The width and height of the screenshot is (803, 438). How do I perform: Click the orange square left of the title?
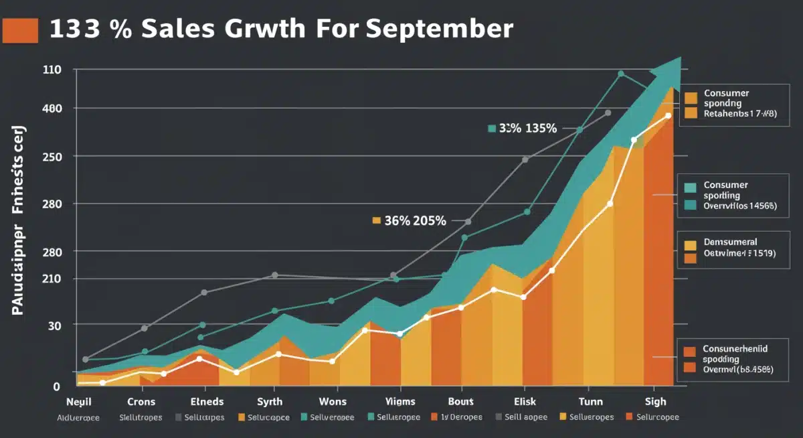20,30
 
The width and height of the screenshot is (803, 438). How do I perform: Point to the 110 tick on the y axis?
52,70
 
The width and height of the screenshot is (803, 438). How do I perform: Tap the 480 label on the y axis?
52,108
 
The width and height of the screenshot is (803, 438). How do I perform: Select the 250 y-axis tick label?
52,157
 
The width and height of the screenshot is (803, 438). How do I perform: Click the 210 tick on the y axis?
52,279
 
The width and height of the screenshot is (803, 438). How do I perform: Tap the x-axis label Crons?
141,402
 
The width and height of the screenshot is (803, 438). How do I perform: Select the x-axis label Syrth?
270,402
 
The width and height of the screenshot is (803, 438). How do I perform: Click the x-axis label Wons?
333,402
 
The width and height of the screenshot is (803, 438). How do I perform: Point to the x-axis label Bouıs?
460,402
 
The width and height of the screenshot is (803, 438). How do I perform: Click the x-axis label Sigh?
656,402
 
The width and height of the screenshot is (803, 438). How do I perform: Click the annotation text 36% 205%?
415,220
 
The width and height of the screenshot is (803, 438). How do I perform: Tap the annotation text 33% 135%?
527,129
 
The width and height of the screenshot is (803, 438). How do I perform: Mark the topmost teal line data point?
621,74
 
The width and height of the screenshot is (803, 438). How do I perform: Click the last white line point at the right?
668,116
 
